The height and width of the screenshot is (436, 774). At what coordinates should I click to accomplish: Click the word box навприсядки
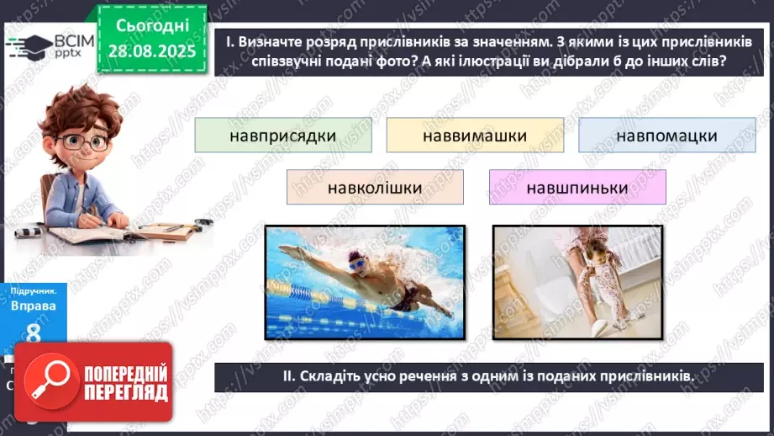pos(282,136)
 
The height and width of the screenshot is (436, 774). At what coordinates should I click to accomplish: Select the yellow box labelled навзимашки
pos(475,136)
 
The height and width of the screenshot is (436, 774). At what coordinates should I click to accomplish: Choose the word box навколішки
pos(375,187)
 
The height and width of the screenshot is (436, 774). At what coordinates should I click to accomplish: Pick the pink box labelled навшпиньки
pos(577,187)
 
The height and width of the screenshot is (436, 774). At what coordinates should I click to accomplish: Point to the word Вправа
pos(33,306)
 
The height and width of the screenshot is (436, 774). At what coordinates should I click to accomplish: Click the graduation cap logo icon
pos(32,45)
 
